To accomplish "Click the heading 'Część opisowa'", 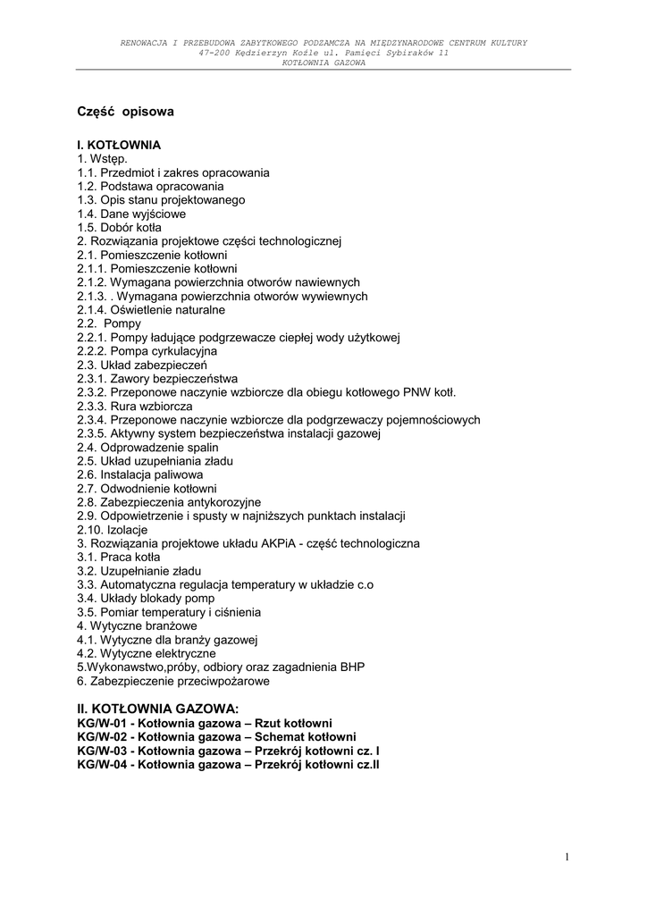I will pyautogui.click(x=125, y=113).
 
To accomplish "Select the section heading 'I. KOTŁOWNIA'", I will pyautogui.click(x=119, y=145).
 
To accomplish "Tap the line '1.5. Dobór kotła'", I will pyautogui.click(x=119, y=227).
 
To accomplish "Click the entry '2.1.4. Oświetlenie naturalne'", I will pyautogui.click(x=151, y=310).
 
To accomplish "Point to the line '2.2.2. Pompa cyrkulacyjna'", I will pyautogui.click(x=147, y=351).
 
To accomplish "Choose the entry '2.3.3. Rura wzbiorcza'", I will pyautogui.click(x=134, y=406).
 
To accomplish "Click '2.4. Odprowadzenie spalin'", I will pyautogui.click(x=147, y=447).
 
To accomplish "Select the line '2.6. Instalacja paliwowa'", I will pyautogui.click(x=139, y=474).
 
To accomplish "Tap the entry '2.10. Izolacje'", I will pyautogui.click(x=113, y=530).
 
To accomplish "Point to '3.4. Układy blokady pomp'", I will pyautogui.click(x=146, y=598).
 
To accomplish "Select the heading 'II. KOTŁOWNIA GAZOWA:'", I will pyautogui.click(x=158, y=709).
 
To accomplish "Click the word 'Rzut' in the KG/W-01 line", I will pyautogui.click(x=269, y=723).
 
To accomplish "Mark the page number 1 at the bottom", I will pyautogui.click(x=567, y=857).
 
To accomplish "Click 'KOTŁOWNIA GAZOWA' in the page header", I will pyautogui.click(x=323, y=63).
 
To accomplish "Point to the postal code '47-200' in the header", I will pyautogui.click(x=215, y=53).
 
